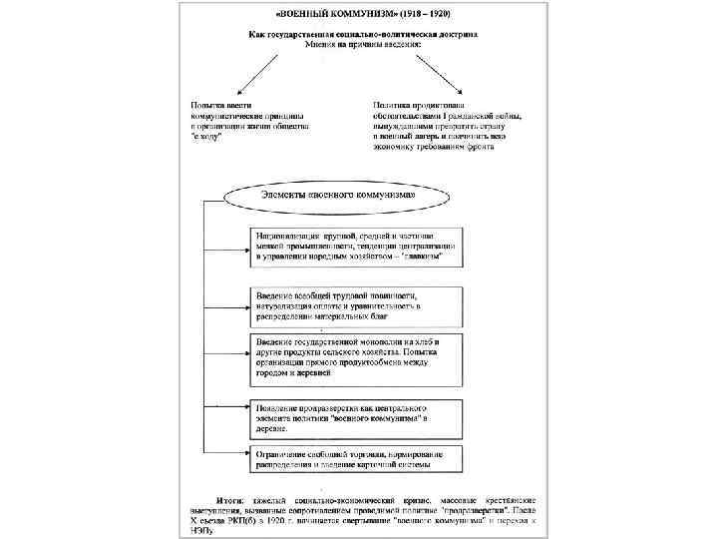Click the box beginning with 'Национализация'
point(355,246)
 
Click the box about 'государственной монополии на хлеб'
point(355,358)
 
